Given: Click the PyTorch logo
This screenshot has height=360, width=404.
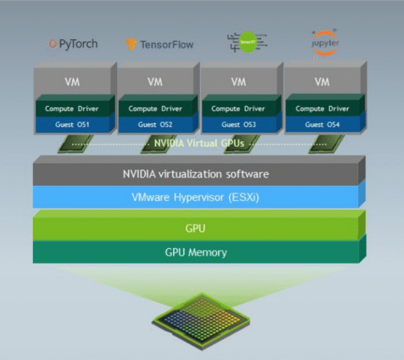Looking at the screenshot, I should point(73,44).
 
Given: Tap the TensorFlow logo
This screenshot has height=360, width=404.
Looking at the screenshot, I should point(159,44).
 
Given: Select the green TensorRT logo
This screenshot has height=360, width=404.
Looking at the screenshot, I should point(248,42).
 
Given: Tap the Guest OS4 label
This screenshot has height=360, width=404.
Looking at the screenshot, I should point(323,124).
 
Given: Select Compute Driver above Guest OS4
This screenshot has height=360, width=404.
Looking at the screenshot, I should point(323,108).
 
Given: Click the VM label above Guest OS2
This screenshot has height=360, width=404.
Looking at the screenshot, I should point(155,82).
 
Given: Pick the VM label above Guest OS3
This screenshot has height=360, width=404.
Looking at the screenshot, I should point(238,82).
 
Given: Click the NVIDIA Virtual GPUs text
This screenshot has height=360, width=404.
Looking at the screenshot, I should point(195,143).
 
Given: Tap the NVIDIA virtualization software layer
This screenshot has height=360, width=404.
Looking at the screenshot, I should point(195,174).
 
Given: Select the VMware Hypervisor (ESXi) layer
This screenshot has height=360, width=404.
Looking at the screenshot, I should point(195,197).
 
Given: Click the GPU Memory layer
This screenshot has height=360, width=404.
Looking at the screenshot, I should point(195,253).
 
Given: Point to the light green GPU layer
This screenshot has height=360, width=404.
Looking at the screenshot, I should point(195,229).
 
